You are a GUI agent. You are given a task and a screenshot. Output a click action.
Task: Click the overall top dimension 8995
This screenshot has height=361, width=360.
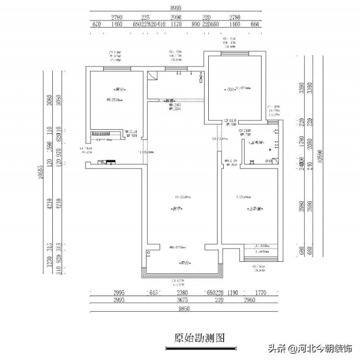(176, 8)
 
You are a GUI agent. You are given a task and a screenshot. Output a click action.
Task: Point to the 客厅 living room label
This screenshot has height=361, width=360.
(177, 208)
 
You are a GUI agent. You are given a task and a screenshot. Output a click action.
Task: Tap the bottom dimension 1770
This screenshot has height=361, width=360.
(259, 293)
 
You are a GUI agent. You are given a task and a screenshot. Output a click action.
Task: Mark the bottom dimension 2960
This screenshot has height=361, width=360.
(251, 300)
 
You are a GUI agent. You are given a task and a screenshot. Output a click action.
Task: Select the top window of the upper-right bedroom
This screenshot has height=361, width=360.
(233, 53)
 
